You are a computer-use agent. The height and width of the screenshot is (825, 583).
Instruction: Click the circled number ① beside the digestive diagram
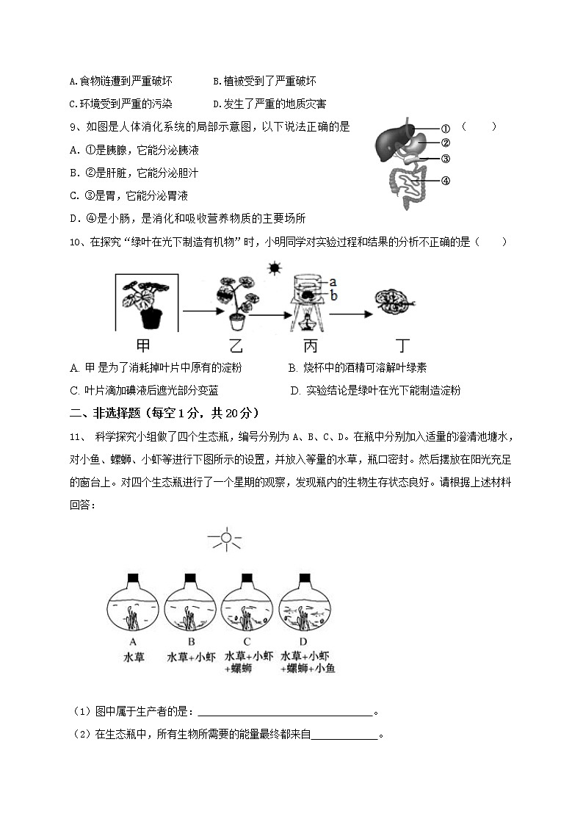tap(445, 129)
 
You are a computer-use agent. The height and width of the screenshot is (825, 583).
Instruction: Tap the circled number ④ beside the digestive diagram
tap(445, 181)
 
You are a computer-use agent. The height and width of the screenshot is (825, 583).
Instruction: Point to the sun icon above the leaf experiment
tap(275, 269)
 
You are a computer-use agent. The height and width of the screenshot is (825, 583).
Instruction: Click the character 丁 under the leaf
tap(402, 346)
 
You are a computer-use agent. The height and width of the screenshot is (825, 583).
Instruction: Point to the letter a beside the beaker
tap(333, 281)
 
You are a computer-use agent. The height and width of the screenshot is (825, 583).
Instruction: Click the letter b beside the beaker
tap(333, 295)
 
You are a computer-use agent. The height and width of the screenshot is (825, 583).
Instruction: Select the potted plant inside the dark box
tap(147, 302)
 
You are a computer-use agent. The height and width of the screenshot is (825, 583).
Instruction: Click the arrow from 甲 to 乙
tap(198, 311)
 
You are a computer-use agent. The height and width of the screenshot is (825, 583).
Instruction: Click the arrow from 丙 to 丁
tap(351, 314)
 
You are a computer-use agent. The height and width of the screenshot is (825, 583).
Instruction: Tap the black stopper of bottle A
tap(134, 577)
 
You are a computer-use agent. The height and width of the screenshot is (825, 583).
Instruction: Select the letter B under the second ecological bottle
tap(190, 641)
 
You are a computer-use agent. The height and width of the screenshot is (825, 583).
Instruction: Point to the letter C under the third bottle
tap(247, 641)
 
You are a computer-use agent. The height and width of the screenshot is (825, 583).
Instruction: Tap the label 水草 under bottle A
tap(134, 657)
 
